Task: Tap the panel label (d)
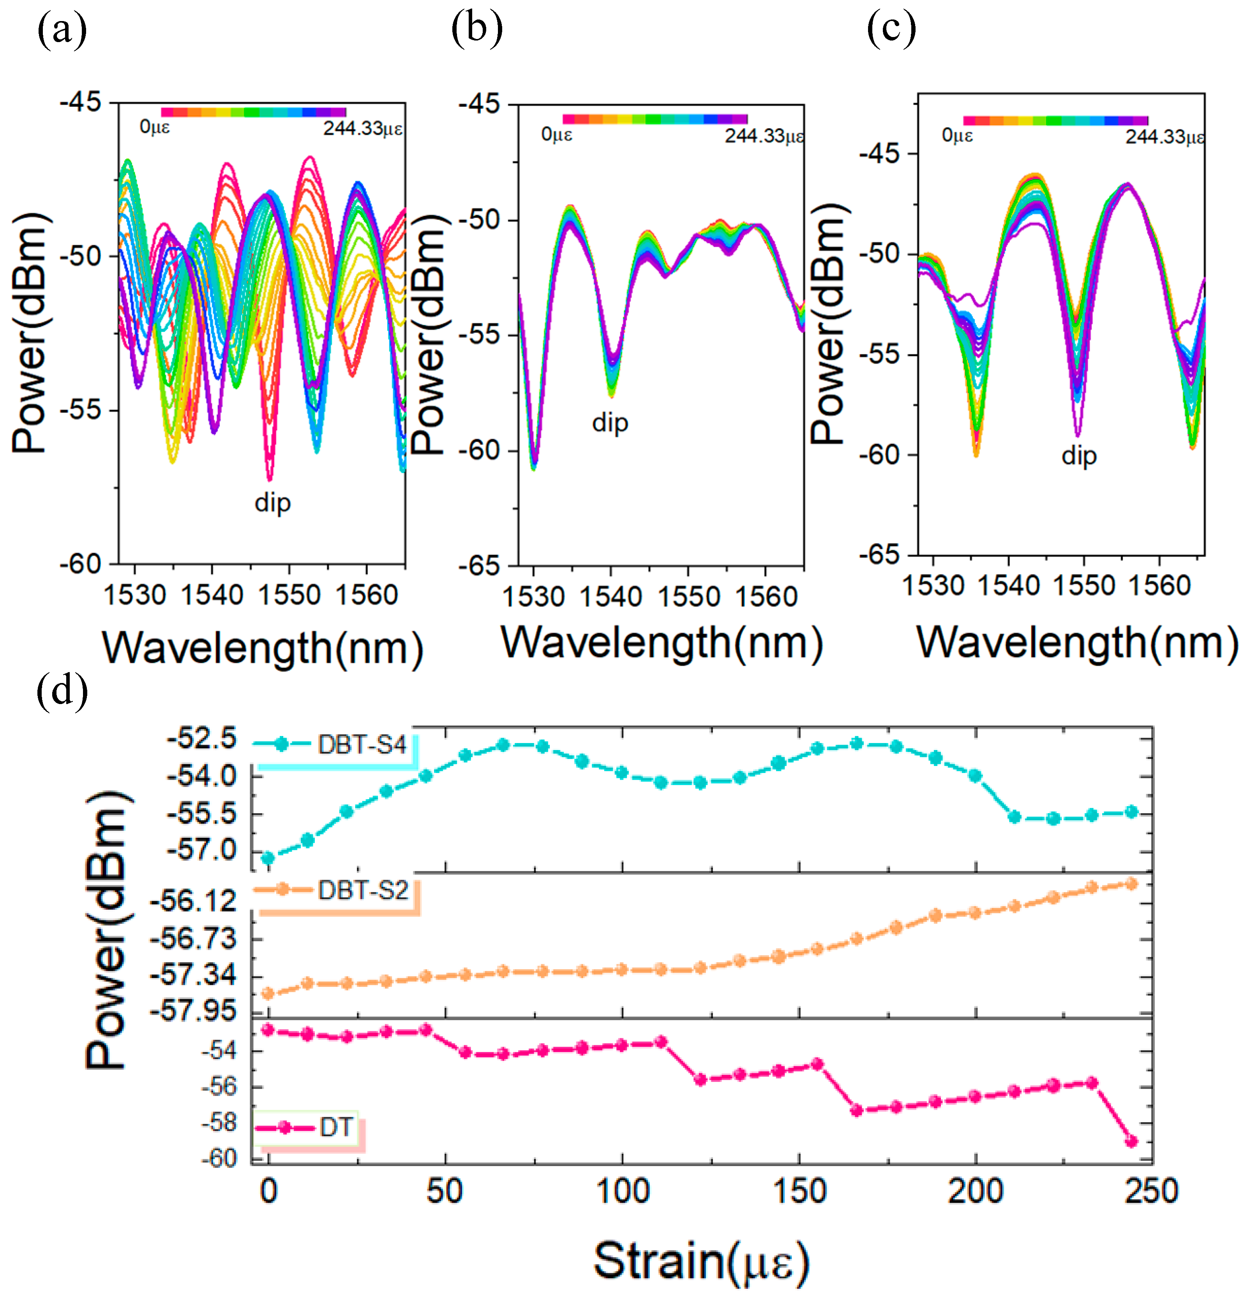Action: [62, 693]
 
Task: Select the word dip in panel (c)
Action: [1078, 456]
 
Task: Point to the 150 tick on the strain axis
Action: [799, 1191]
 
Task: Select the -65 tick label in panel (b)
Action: [479, 565]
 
